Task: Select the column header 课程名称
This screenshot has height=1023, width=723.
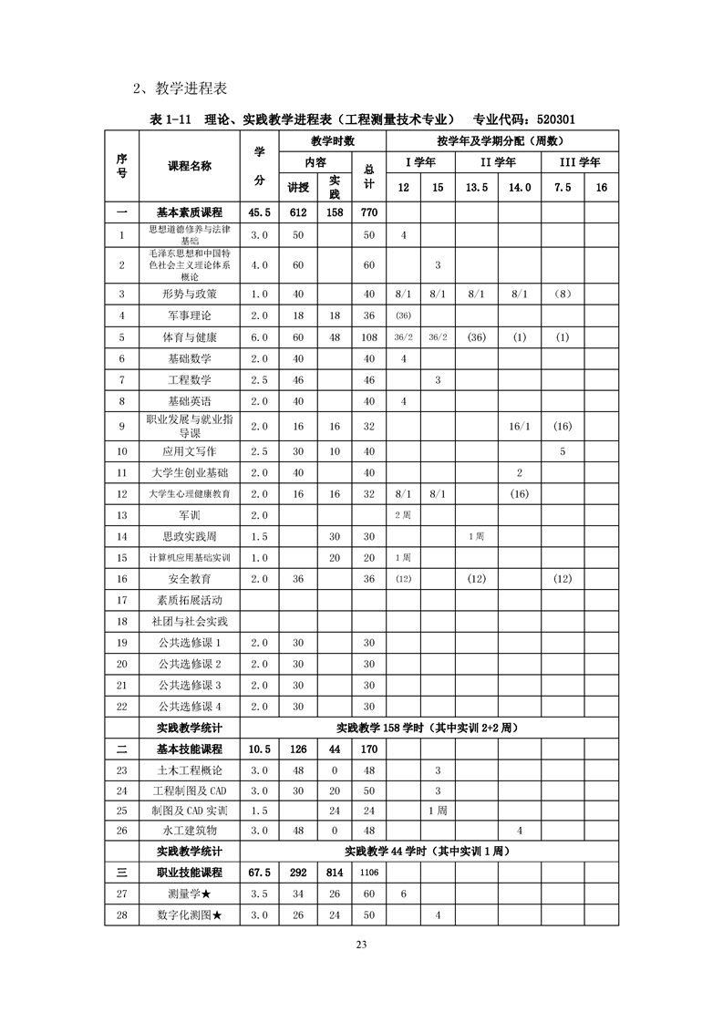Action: coord(190,166)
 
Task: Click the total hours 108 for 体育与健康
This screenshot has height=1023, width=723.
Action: coord(369,337)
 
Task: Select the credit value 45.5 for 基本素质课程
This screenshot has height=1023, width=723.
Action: coord(260,212)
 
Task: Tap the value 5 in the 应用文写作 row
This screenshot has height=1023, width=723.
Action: coord(563,451)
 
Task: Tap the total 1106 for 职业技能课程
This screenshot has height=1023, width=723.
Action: coord(369,873)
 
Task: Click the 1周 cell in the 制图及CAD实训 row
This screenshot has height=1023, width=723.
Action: coord(438,810)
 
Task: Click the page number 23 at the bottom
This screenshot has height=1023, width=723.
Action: coord(362,945)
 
